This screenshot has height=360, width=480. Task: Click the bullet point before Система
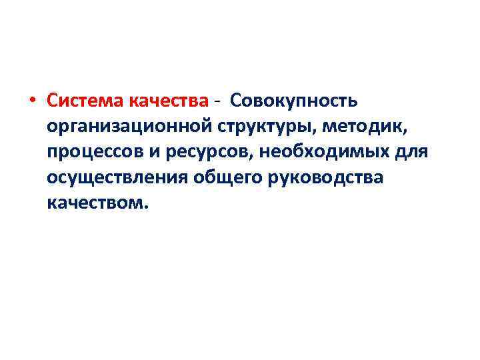(33, 102)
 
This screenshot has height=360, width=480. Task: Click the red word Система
(81, 101)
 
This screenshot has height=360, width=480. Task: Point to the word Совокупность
(295, 101)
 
